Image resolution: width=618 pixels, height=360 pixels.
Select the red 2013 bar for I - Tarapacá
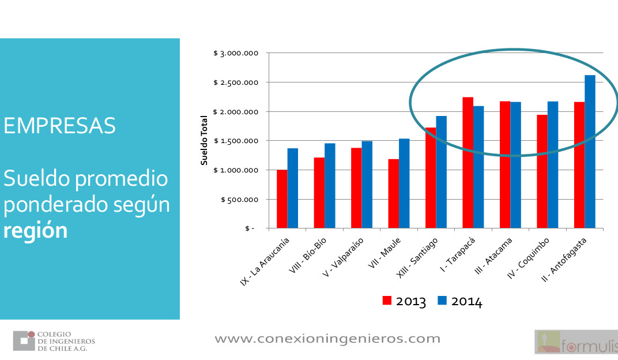click(468, 163)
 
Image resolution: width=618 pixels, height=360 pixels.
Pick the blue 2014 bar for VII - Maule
click(404, 183)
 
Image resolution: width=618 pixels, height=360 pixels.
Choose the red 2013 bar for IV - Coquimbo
click(542, 171)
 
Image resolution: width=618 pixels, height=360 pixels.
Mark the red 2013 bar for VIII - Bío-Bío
click(319, 193)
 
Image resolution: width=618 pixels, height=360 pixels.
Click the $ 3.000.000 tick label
click(235, 53)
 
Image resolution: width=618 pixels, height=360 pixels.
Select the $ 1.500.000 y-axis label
click(235, 141)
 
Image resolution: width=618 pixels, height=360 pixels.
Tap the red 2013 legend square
click(387, 301)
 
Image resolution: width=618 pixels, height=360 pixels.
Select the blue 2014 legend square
click(442, 301)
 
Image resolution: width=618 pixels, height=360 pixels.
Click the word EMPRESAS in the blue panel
click(59, 125)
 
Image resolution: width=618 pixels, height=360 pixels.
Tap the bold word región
click(36, 230)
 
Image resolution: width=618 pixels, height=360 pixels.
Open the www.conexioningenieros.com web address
click(327, 339)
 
